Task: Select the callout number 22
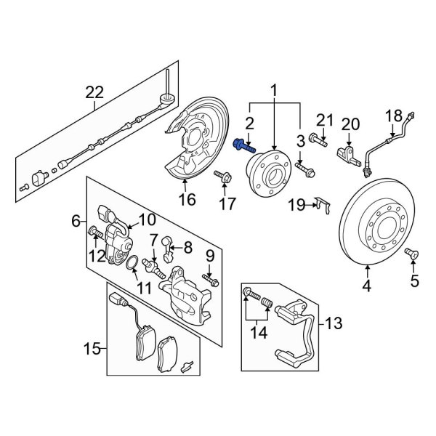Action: point(94,93)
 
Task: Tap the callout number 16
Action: point(187,198)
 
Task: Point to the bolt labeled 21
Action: point(315,135)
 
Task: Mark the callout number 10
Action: point(147,219)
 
